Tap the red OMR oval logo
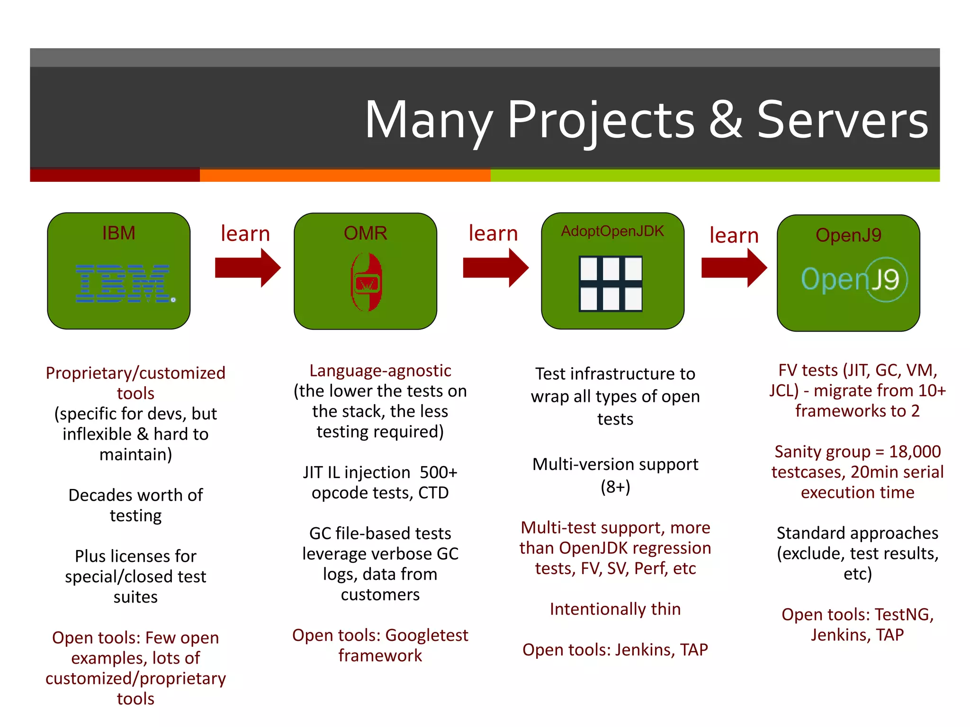point(366,282)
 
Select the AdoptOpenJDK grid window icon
point(611,284)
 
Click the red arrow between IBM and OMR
point(247,268)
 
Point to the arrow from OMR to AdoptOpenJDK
point(495,268)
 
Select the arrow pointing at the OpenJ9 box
point(734,268)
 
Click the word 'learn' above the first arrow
point(245,234)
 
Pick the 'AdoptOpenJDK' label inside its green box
point(612,231)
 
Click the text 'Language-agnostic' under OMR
point(380,371)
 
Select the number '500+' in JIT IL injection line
point(439,472)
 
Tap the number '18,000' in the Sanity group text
point(915,452)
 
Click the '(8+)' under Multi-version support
point(615,487)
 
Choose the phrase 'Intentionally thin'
point(615,609)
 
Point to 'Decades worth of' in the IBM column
point(135,495)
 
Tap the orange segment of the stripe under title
point(345,176)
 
